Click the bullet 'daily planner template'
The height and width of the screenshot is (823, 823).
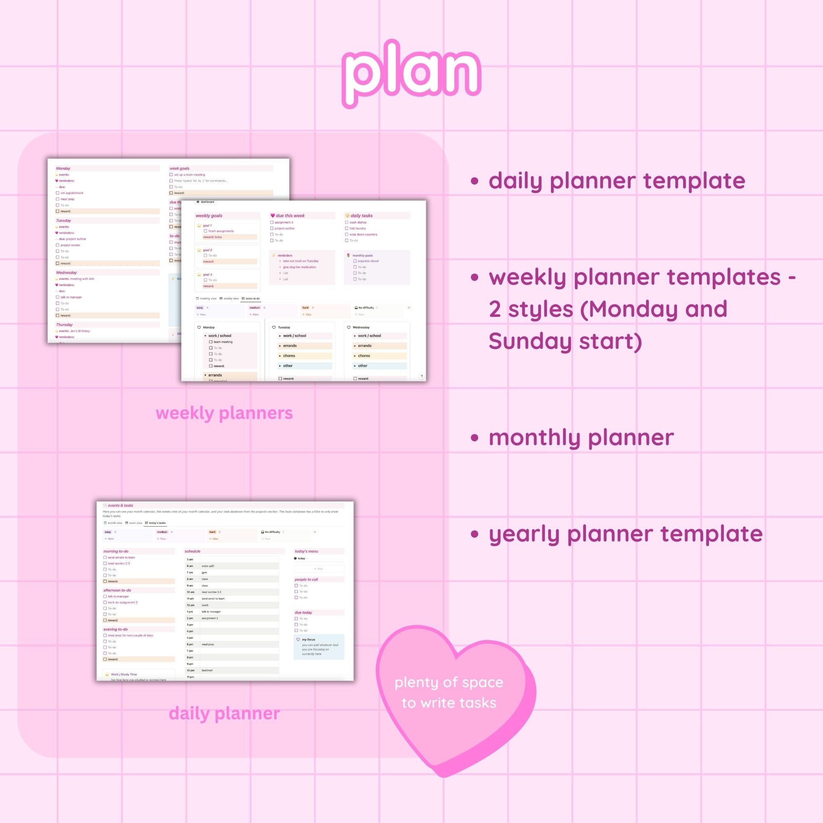click(x=616, y=181)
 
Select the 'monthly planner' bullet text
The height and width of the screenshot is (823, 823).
click(x=581, y=437)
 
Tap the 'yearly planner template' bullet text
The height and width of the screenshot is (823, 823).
click(x=625, y=534)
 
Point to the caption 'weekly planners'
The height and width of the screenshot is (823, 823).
click(x=224, y=413)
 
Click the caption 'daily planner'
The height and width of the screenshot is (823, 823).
click(x=224, y=713)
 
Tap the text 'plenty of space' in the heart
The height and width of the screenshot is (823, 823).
click(x=449, y=682)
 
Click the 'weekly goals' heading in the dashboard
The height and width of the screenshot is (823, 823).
click(x=209, y=216)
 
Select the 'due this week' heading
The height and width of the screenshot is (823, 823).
click(x=290, y=216)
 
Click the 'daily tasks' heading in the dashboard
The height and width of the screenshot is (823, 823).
click(x=361, y=216)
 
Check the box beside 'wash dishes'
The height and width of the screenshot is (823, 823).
click(x=347, y=222)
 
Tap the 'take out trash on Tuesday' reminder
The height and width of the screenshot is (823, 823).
click(x=300, y=261)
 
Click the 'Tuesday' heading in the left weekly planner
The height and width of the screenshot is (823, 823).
click(x=63, y=221)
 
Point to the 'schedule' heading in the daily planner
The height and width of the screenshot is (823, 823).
click(x=193, y=551)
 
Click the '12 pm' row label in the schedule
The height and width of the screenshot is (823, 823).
click(x=191, y=605)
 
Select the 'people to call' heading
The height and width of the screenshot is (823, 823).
click(x=306, y=579)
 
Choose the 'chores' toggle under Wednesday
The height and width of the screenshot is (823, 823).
click(x=364, y=356)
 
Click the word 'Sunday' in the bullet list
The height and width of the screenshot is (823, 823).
click(x=530, y=341)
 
